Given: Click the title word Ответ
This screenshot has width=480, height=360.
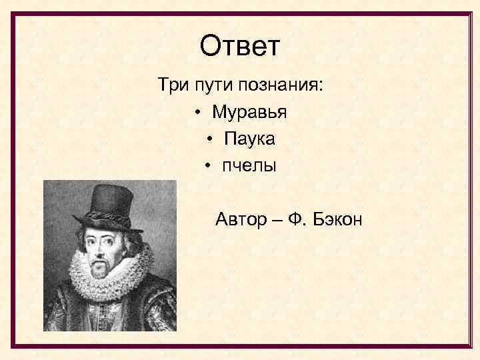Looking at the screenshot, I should click(241, 47).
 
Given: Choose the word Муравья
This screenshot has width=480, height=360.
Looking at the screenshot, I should click(249, 112).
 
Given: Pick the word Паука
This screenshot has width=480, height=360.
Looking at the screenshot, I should click(249, 139).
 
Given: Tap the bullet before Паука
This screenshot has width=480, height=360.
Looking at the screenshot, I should click(210, 139).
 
